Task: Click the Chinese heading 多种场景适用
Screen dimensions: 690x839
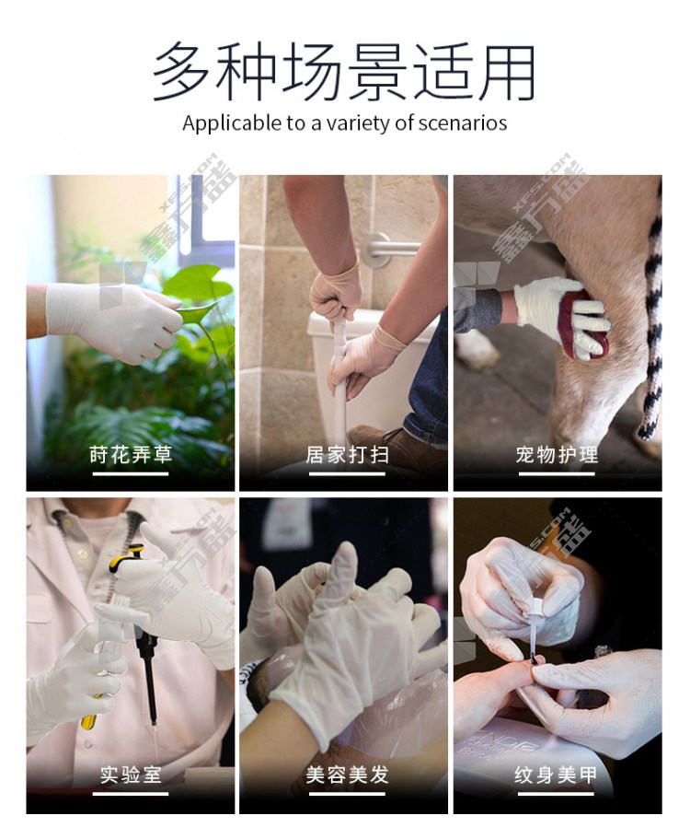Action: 344,72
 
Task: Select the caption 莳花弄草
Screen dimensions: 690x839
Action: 131,455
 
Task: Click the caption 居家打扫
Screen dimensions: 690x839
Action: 347,455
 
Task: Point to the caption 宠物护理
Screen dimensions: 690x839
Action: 557,455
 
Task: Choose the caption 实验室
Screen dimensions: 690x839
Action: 131,775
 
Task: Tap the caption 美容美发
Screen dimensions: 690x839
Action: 347,775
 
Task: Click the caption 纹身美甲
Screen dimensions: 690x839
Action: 556,775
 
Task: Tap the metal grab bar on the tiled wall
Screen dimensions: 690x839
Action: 386,248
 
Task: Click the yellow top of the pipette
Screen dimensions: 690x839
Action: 126,557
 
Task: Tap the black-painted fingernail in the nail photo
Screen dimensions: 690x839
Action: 535,661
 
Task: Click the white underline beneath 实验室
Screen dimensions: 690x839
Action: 131,794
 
